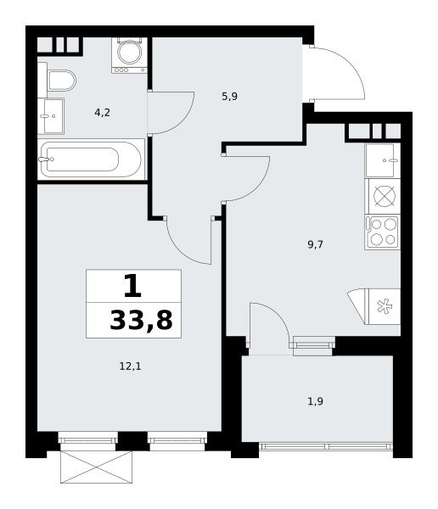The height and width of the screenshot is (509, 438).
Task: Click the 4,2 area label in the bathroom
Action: [103, 113]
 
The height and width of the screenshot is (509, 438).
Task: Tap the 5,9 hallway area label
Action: [230, 97]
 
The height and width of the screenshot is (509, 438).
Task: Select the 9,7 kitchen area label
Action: [315, 244]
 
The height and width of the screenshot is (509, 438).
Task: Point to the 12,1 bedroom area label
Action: [130, 366]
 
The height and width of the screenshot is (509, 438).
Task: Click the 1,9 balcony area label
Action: [315, 402]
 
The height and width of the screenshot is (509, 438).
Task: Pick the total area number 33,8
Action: [141, 321]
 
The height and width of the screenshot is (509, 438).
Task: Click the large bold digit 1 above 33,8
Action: [133, 286]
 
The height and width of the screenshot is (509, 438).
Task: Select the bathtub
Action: [92, 159]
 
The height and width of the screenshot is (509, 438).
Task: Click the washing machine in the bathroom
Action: [129, 55]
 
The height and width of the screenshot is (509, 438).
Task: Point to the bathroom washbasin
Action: [51, 116]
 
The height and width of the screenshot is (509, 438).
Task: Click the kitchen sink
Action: [383, 160]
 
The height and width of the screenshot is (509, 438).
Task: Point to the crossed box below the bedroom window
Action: [97, 467]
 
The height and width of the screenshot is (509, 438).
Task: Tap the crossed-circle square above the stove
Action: [385, 196]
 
